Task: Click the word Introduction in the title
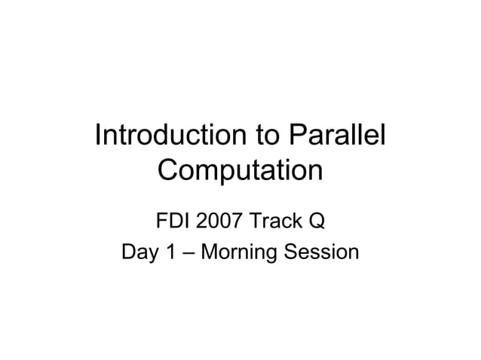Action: [x=167, y=136]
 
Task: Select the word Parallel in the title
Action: [x=337, y=136]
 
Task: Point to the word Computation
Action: [x=240, y=171]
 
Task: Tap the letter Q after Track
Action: [x=317, y=222]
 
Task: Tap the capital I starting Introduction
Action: [x=99, y=136]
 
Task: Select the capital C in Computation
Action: [x=170, y=170]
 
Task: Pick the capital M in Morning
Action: [x=210, y=252]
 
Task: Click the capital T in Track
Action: [x=254, y=221]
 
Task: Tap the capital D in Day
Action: [x=128, y=252]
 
